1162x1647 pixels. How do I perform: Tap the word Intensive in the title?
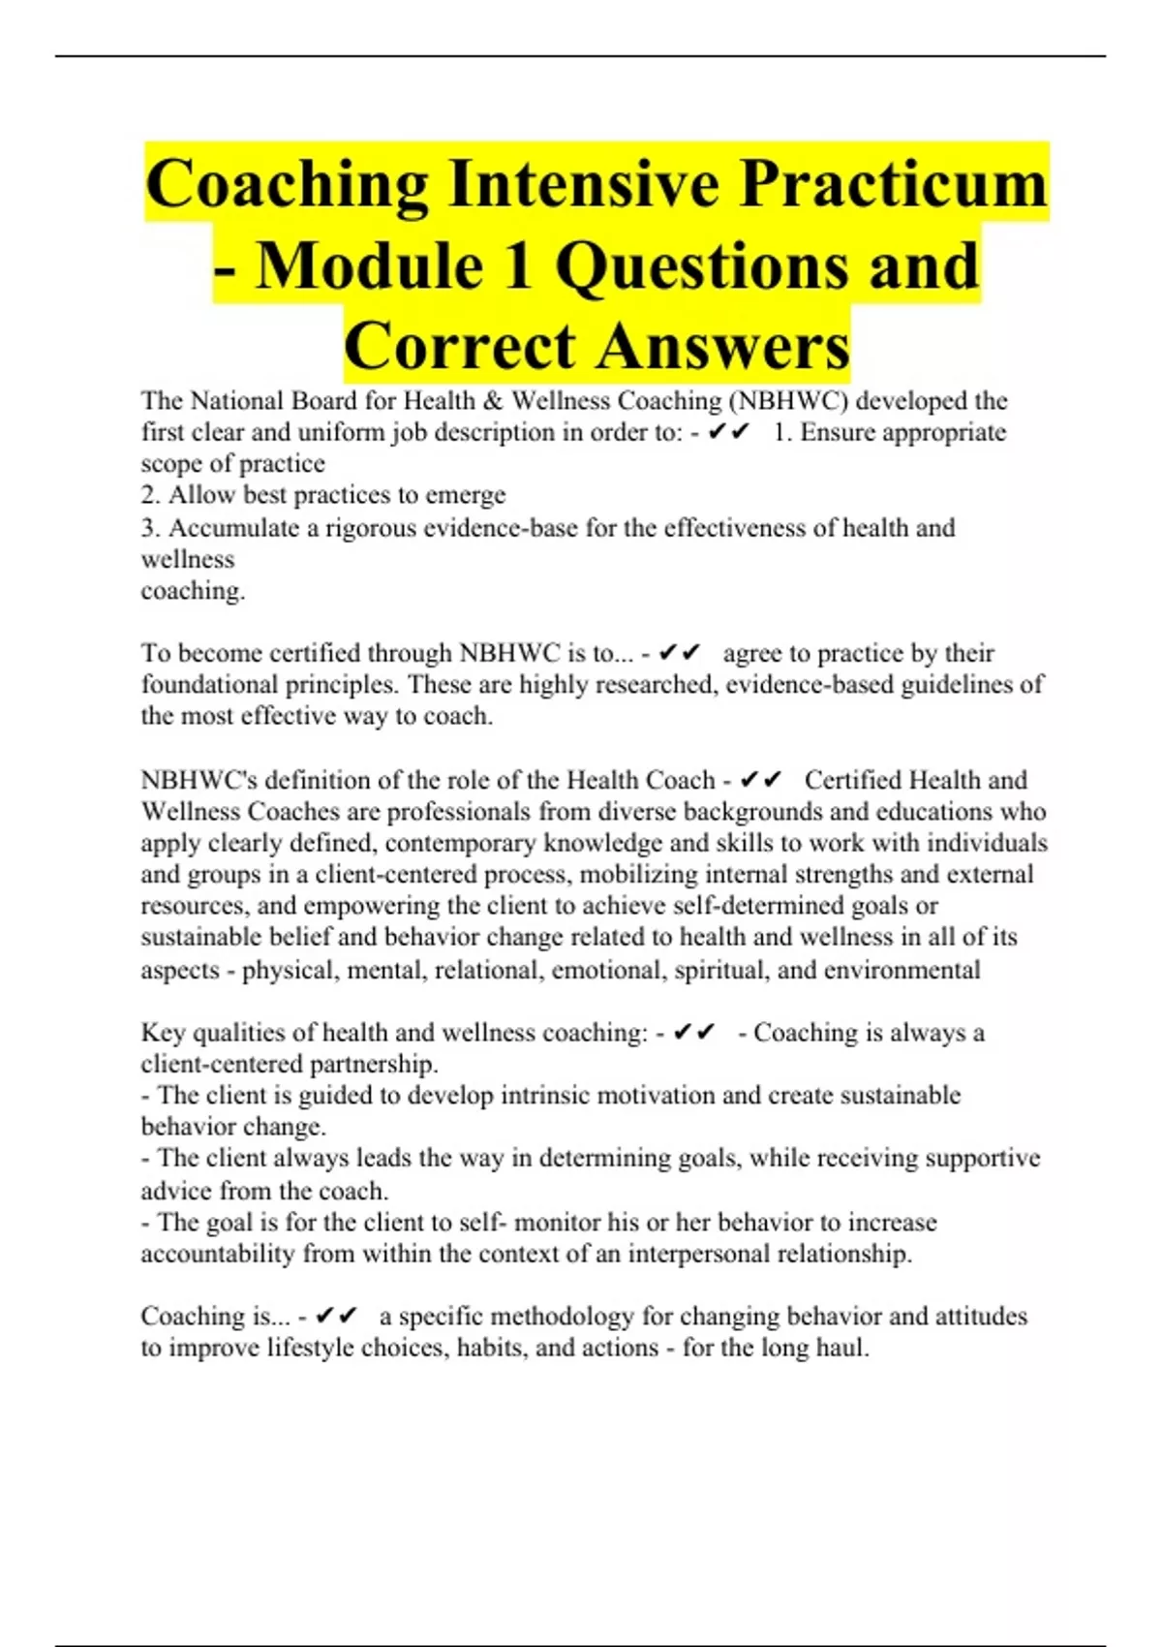click(584, 184)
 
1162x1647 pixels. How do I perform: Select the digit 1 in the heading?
click(519, 266)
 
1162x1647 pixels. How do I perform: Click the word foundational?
click(209, 685)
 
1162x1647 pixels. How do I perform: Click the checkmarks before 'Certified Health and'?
click(760, 780)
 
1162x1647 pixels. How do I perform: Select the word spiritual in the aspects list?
click(719, 970)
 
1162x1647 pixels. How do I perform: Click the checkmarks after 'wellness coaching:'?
click(693, 1033)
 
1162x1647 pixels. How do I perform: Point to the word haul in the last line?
click(841, 1348)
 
